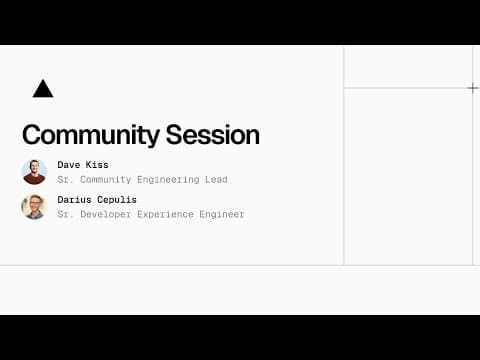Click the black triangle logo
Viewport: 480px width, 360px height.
42,89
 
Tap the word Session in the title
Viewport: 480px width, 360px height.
213,135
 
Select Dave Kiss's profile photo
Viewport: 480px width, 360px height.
34,172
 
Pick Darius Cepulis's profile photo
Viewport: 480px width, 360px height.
34,207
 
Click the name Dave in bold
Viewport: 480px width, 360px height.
69,164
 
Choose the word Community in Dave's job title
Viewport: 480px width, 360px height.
104,180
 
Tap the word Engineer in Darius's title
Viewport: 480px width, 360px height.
221,214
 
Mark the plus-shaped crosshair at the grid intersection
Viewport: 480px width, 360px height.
473,88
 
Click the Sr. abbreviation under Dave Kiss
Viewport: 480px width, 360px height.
65,180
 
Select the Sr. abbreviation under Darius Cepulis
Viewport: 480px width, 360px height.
65,214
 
